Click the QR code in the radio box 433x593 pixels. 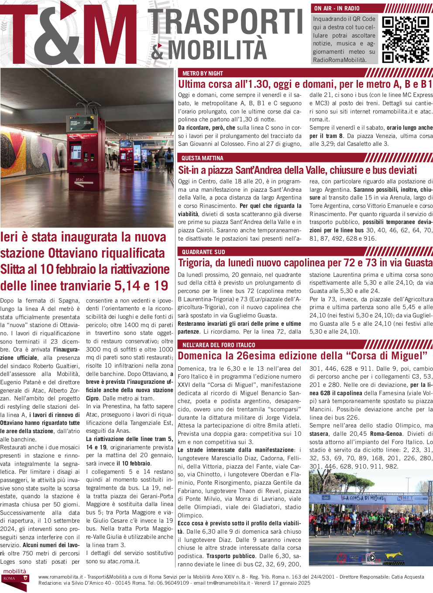click(x=406, y=40)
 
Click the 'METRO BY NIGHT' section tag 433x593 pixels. click(x=203, y=73)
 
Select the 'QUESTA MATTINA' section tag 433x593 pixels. click(x=202, y=158)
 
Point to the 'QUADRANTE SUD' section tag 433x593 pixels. click(x=203, y=252)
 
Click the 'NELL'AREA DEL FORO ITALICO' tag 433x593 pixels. click(x=219, y=345)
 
